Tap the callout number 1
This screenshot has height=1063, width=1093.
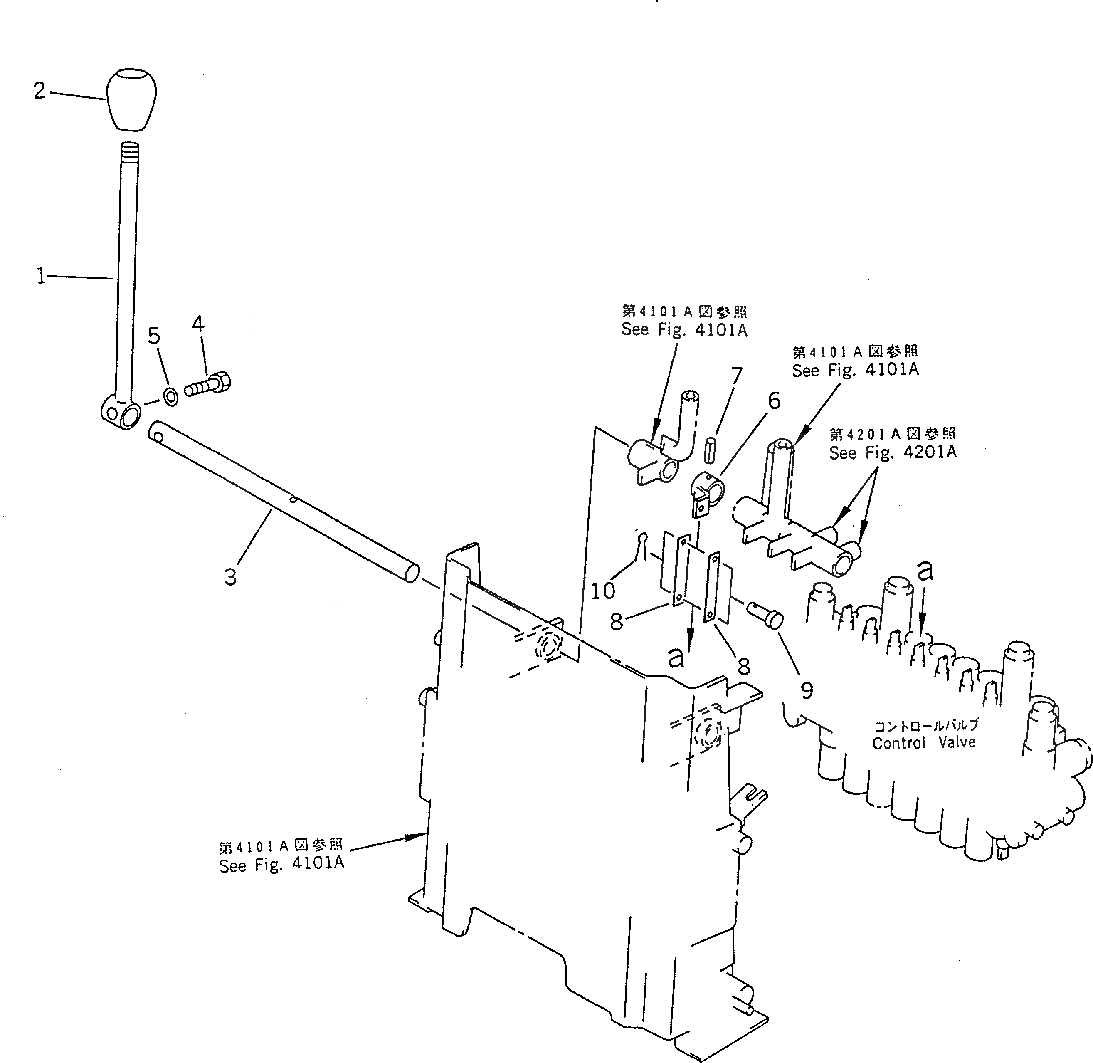point(41,276)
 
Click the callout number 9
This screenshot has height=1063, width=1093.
point(807,691)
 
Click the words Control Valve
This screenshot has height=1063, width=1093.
point(924,742)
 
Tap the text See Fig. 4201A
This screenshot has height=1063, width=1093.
point(892,452)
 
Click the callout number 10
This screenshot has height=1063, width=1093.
point(602,591)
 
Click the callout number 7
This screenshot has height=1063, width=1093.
point(737,376)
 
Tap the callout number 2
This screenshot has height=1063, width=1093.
point(39,90)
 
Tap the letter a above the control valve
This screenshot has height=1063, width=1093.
point(925,570)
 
